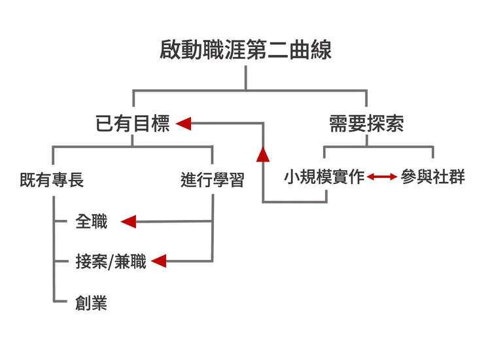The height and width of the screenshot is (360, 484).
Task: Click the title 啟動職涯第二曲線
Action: (x=245, y=50)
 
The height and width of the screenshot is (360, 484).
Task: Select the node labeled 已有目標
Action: (x=132, y=124)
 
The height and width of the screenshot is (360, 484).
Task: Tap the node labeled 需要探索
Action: (x=366, y=124)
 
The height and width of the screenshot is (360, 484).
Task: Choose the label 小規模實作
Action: (x=324, y=177)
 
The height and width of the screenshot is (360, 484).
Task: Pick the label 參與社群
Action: (x=432, y=177)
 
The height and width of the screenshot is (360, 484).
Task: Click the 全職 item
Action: (x=91, y=222)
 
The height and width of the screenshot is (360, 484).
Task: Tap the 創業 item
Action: (x=91, y=302)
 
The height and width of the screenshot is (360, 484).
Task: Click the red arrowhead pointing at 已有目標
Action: (x=184, y=123)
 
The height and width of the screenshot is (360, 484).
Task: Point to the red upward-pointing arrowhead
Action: (x=263, y=154)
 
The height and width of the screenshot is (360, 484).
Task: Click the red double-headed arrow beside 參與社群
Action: (x=382, y=177)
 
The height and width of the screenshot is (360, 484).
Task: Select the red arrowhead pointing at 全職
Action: (x=128, y=222)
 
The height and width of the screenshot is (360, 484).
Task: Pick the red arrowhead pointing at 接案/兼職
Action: (x=158, y=262)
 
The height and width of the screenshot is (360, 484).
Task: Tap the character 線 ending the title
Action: (x=321, y=50)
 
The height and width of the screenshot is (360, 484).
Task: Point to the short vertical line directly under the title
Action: (x=246, y=78)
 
